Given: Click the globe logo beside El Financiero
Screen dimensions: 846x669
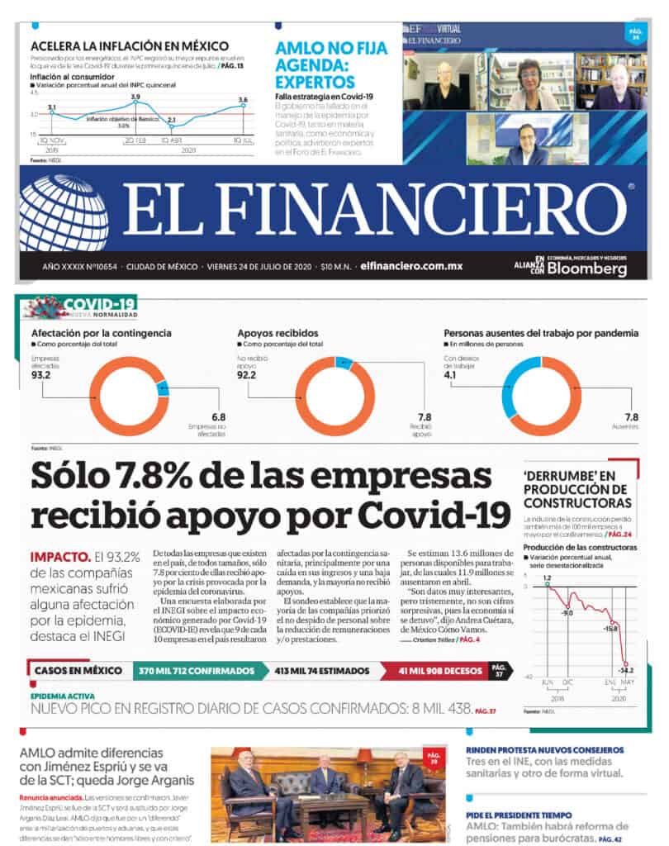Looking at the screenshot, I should tap(64, 212).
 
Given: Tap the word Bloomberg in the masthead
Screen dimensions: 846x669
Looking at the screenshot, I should tap(587, 269).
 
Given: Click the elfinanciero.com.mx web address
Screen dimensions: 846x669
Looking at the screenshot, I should tap(411, 267).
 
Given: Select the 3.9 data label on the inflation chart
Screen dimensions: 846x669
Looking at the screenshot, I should tap(135, 97).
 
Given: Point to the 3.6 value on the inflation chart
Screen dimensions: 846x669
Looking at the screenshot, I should tap(242, 100).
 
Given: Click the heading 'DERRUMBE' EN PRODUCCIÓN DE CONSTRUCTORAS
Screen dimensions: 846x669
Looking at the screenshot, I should tap(577, 488).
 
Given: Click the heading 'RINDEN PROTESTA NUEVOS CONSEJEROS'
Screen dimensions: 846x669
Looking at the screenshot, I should tap(544, 750).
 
